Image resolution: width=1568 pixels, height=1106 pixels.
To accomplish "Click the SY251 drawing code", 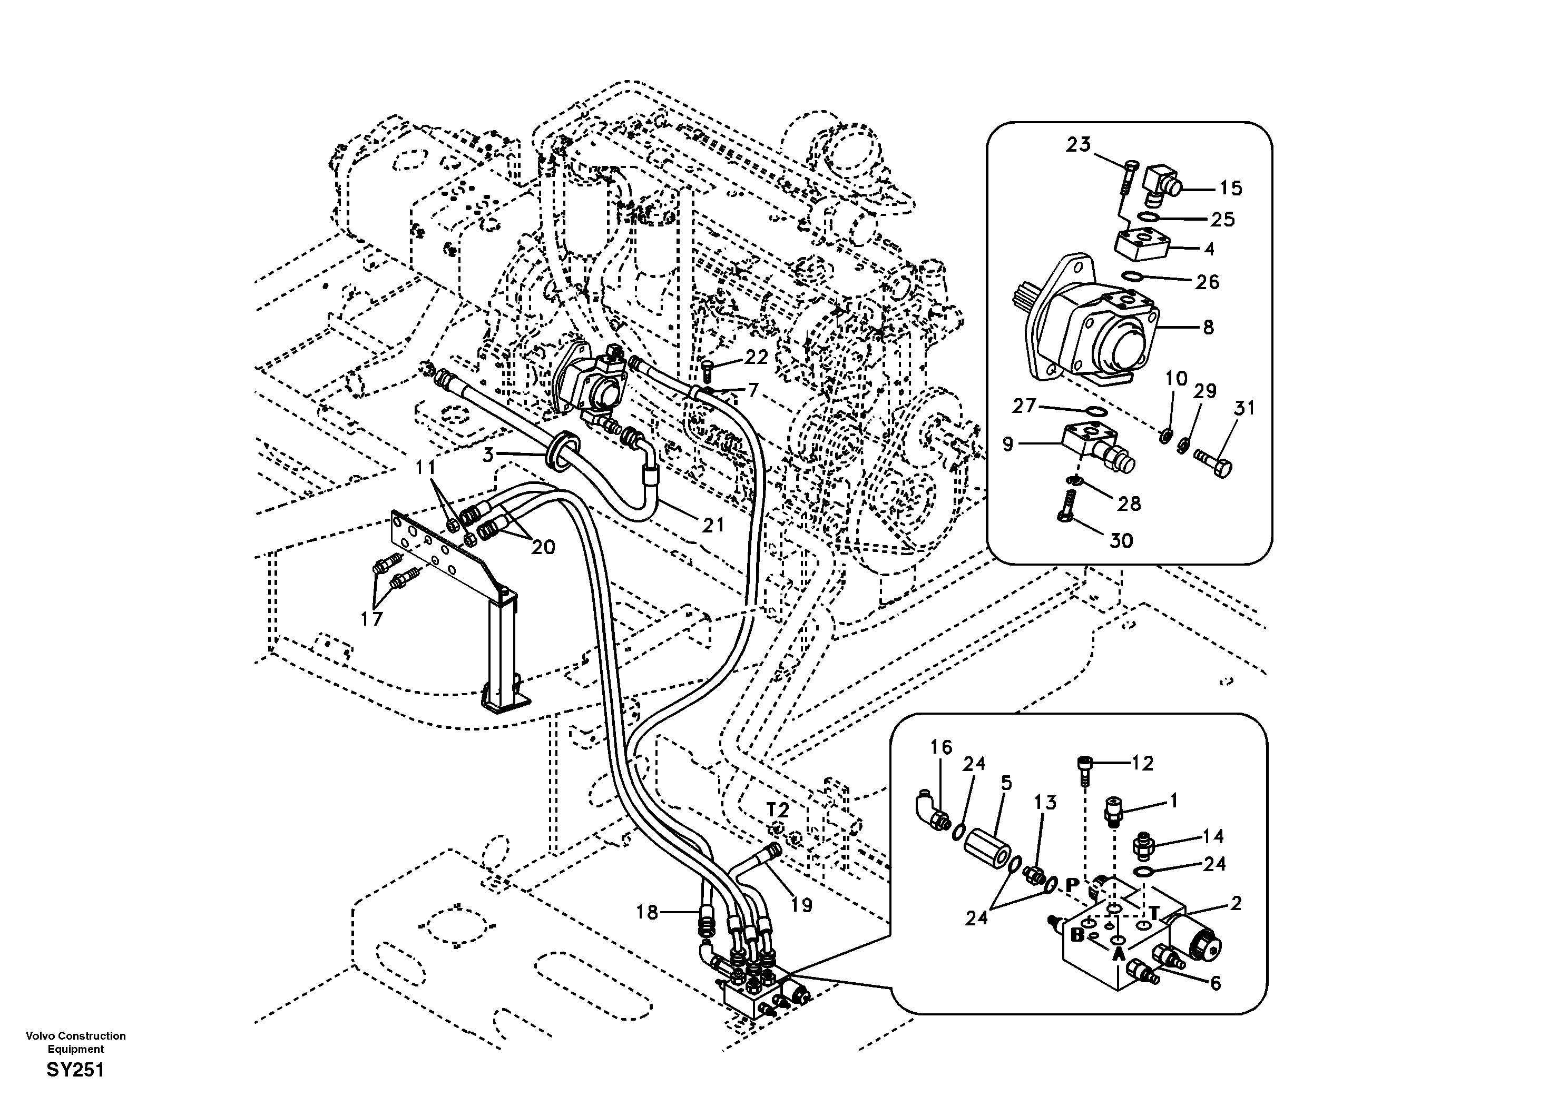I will point(75,1070).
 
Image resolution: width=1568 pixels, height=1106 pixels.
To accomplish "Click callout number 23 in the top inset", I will point(1079,145).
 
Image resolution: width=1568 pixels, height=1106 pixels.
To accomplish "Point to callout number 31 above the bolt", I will point(1244,408).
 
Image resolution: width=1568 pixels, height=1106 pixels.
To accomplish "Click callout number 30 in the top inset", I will point(1121,541).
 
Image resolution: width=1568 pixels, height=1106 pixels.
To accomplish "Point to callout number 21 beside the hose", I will point(713,525).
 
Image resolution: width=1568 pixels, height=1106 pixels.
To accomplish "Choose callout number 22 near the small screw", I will point(756,357).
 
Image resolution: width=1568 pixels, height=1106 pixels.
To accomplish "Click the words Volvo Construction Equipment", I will point(76,1042).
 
